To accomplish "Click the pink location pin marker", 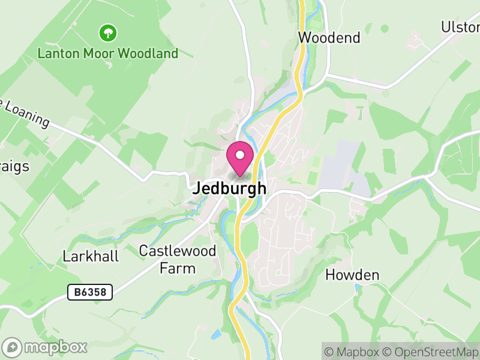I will [x=240, y=159].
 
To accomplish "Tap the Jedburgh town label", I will [x=229, y=188].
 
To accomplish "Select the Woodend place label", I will [x=329, y=38].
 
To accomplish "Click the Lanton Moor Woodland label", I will [x=108, y=53].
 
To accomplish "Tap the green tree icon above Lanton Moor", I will [x=108, y=32].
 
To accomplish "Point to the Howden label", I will [x=352, y=275].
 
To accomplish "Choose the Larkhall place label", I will [x=91, y=256].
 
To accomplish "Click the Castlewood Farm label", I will [x=178, y=259].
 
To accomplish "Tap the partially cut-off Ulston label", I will [x=461, y=27].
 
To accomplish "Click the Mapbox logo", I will [x=45, y=347].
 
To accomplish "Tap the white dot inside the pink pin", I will [x=240, y=155].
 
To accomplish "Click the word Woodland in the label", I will [x=148, y=53].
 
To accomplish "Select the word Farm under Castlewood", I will [x=178, y=268].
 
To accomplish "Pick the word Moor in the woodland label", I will [x=99, y=53].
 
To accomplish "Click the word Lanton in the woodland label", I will [x=59, y=53].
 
